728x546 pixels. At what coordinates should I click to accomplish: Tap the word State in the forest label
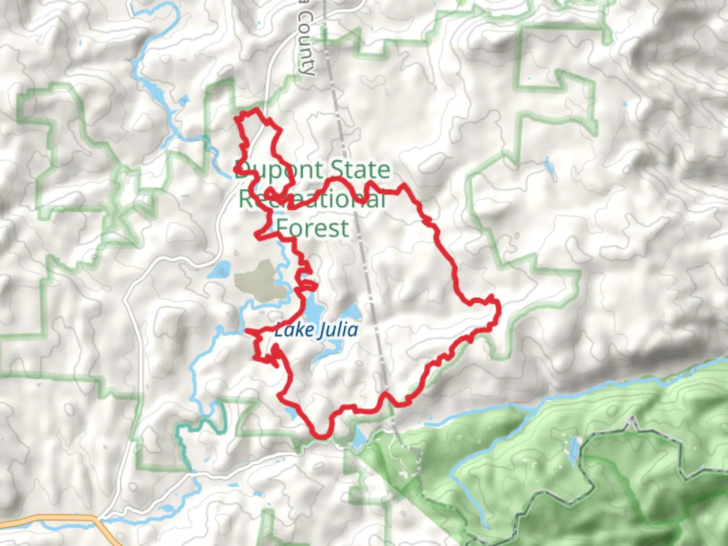pyautogui.click(x=360, y=170)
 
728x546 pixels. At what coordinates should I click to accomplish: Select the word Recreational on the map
pyautogui.click(x=312, y=199)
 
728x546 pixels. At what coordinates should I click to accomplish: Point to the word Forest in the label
pyautogui.click(x=313, y=228)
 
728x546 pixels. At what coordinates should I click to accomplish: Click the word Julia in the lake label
pyautogui.click(x=338, y=330)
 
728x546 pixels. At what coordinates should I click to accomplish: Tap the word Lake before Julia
pyautogui.click(x=294, y=331)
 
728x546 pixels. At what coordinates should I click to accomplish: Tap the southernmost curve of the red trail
pyautogui.click(x=321, y=435)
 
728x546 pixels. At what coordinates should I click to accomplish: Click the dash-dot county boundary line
pyautogui.click(x=354, y=202)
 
